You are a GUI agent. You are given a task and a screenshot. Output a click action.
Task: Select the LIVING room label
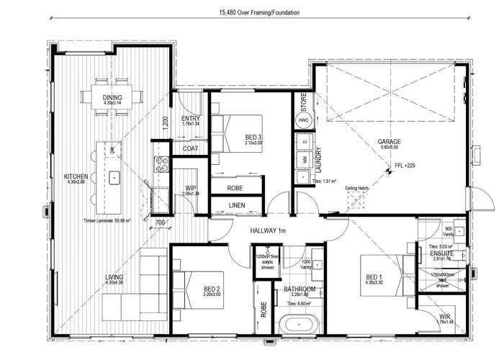click(x=93, y=277)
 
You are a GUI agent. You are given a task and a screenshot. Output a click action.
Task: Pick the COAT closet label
click(x=191, y=149)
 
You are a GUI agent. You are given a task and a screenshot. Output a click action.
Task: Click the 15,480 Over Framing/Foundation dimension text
click(x=252, y=12)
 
